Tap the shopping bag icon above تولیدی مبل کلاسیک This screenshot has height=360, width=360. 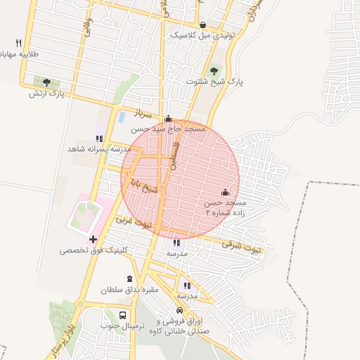(202, 25)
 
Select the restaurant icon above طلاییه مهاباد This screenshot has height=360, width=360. (18, 43)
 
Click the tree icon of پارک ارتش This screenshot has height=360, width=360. (46, 82)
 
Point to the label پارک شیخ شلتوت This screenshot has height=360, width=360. (214, 82)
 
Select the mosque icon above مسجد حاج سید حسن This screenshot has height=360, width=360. (169, 118)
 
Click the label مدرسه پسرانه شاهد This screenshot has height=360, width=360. (99, 149)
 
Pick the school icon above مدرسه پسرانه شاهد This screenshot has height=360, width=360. (99, 139)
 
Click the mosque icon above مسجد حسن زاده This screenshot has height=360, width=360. (225, 192)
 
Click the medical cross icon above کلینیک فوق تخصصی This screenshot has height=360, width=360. (93, 240)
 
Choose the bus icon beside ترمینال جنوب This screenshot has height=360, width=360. (123, 315)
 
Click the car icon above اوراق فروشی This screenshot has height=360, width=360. (179, 309)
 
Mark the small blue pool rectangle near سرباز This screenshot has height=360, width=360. (122, 116)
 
